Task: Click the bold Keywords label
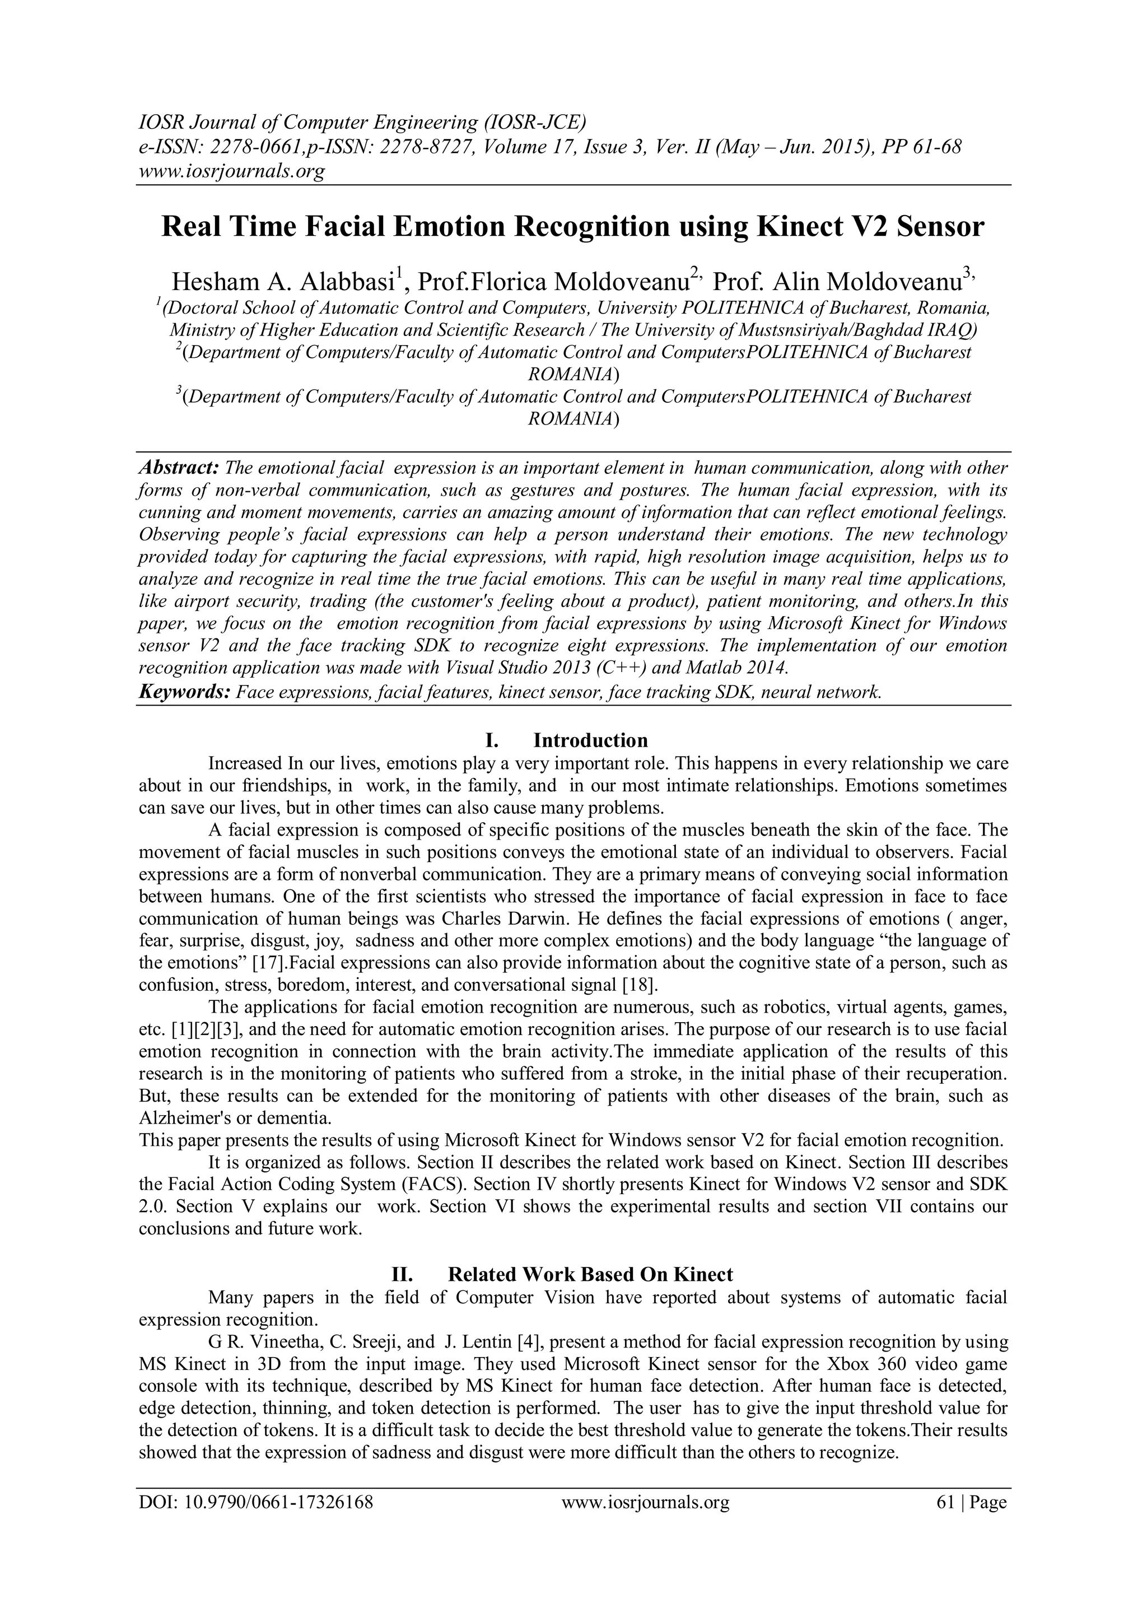[184, 692]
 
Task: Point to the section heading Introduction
[590, 740]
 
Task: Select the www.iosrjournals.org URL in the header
[232, 172]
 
